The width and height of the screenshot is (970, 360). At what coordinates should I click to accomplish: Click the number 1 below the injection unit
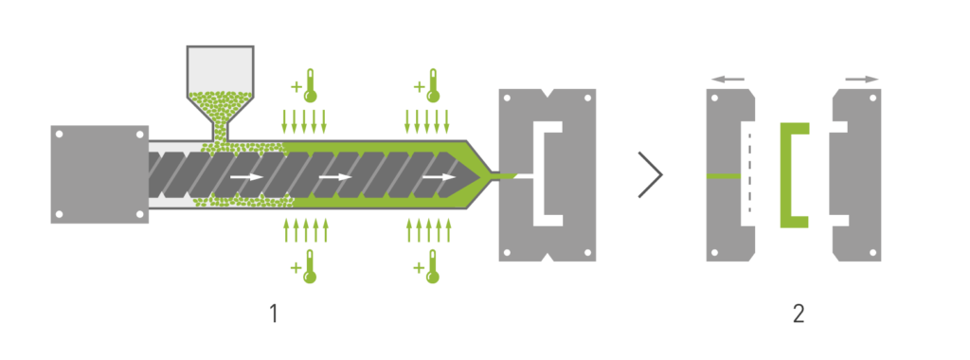point(274,315)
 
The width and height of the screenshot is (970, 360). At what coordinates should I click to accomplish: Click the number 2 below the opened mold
point(798,315)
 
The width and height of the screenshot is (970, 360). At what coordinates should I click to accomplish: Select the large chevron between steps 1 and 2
point(651,175)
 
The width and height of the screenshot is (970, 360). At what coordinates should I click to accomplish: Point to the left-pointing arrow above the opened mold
point(728,80)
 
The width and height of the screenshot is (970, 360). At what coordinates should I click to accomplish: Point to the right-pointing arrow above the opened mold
point(862,80)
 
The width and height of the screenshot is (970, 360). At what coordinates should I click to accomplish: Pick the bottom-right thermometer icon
point(432,266)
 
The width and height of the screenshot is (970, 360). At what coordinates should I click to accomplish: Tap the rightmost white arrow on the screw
point(440,177)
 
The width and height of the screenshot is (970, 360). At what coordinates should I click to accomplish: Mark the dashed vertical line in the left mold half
point(749,175)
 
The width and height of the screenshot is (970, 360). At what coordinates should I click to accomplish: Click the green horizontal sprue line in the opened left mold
point(723,175)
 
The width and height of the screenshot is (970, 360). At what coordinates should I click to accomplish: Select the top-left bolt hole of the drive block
point(59,134)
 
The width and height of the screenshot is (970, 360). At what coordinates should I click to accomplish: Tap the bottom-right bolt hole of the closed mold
point(587,252)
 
